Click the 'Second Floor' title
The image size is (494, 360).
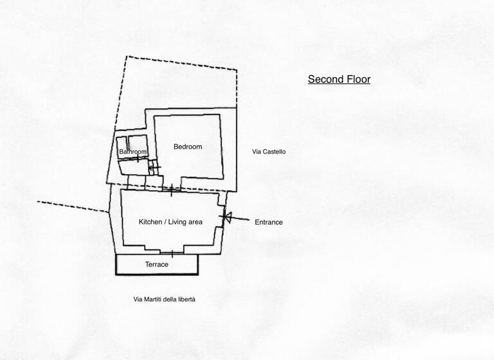click(339, 80)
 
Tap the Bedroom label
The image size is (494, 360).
click(188, 147)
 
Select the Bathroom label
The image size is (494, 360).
click(133, 152)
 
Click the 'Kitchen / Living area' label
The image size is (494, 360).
click(170, 222)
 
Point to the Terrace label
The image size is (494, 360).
click(156, 264)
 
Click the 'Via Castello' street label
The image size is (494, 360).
click(269, 152)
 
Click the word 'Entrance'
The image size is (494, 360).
click(268, 222)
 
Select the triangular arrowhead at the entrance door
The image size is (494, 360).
click(226, 218)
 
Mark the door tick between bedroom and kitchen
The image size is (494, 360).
click(171, 189)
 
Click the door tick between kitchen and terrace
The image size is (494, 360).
click(171, 253)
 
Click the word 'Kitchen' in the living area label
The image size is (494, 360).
click(151, 222)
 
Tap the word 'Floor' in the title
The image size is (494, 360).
click(357, 80)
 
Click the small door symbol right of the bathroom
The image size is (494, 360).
click(153, 167)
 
